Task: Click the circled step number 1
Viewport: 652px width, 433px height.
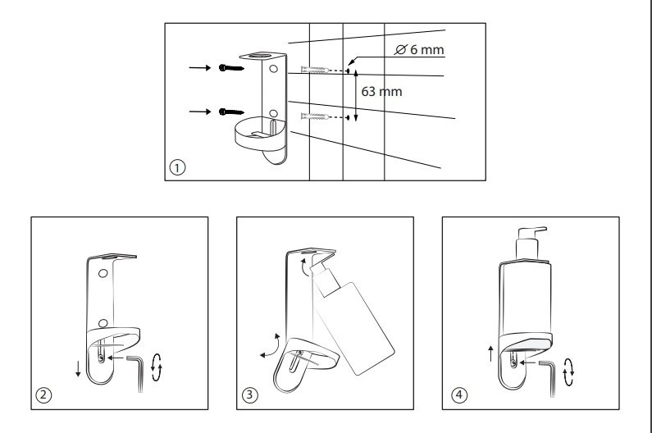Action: pyautogui.click(x=176, y=166)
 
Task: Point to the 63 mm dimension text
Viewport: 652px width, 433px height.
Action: pyautogui.click(x=381, y=92)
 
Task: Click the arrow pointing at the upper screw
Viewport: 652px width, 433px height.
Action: pyautogui.click(x=198, y=67)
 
